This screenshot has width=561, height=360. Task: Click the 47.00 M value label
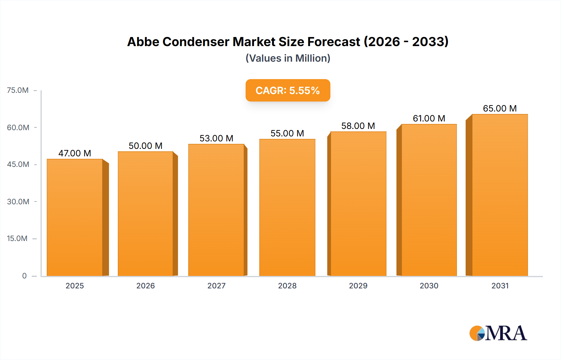75,153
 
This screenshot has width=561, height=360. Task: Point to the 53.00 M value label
216,138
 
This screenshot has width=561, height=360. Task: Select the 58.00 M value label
358,126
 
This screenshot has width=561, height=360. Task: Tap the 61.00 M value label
429,118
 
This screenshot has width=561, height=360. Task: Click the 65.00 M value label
500,108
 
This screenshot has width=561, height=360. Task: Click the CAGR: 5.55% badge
288,90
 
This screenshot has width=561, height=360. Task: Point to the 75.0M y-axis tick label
18,90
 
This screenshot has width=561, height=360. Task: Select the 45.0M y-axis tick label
18,164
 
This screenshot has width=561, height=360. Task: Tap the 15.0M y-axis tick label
17,239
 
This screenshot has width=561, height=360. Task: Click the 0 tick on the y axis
24,276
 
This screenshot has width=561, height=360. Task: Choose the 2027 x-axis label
216,286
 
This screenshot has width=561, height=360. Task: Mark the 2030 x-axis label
429,286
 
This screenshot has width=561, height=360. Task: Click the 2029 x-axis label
358,286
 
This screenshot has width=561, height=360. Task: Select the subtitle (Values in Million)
288,58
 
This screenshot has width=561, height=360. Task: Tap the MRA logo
498,333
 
